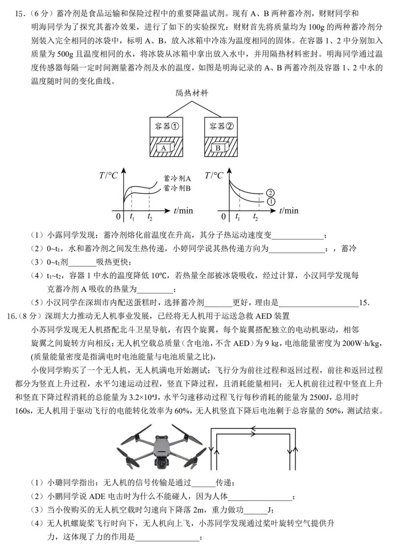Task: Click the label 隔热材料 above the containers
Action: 192,93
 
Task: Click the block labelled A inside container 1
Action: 164,148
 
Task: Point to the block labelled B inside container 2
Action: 218,148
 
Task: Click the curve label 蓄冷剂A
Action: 177,179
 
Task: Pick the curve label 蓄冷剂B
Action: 177,188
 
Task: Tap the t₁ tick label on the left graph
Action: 132,217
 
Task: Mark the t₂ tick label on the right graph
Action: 255,217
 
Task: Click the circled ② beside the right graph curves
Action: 271,193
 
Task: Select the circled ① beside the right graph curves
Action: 271,201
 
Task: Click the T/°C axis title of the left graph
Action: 108,176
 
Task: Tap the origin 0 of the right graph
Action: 223,216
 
